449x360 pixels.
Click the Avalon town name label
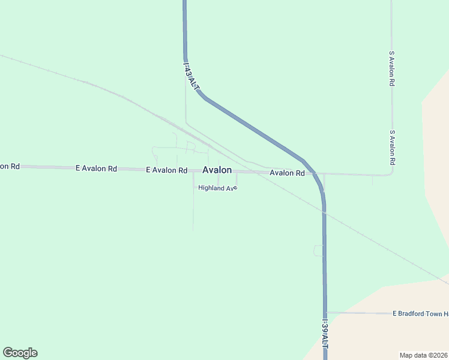(217, 170)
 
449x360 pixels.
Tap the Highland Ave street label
(218, 188)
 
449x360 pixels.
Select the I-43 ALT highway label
(191, 76)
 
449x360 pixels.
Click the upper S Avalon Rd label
(391, 69)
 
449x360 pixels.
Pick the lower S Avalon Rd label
(392, 148)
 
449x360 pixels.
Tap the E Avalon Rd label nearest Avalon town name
(167, 170)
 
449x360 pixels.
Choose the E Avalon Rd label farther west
(96, 169)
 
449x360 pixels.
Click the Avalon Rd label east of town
(287, 173)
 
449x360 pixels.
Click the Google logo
(20, 353)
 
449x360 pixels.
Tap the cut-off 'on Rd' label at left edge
(10, 166)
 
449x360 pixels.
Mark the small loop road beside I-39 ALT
(318, 251)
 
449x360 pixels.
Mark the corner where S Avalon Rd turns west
(392, 173)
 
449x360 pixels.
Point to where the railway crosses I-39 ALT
(324, 212)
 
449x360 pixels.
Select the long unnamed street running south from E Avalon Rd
(193, 204)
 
